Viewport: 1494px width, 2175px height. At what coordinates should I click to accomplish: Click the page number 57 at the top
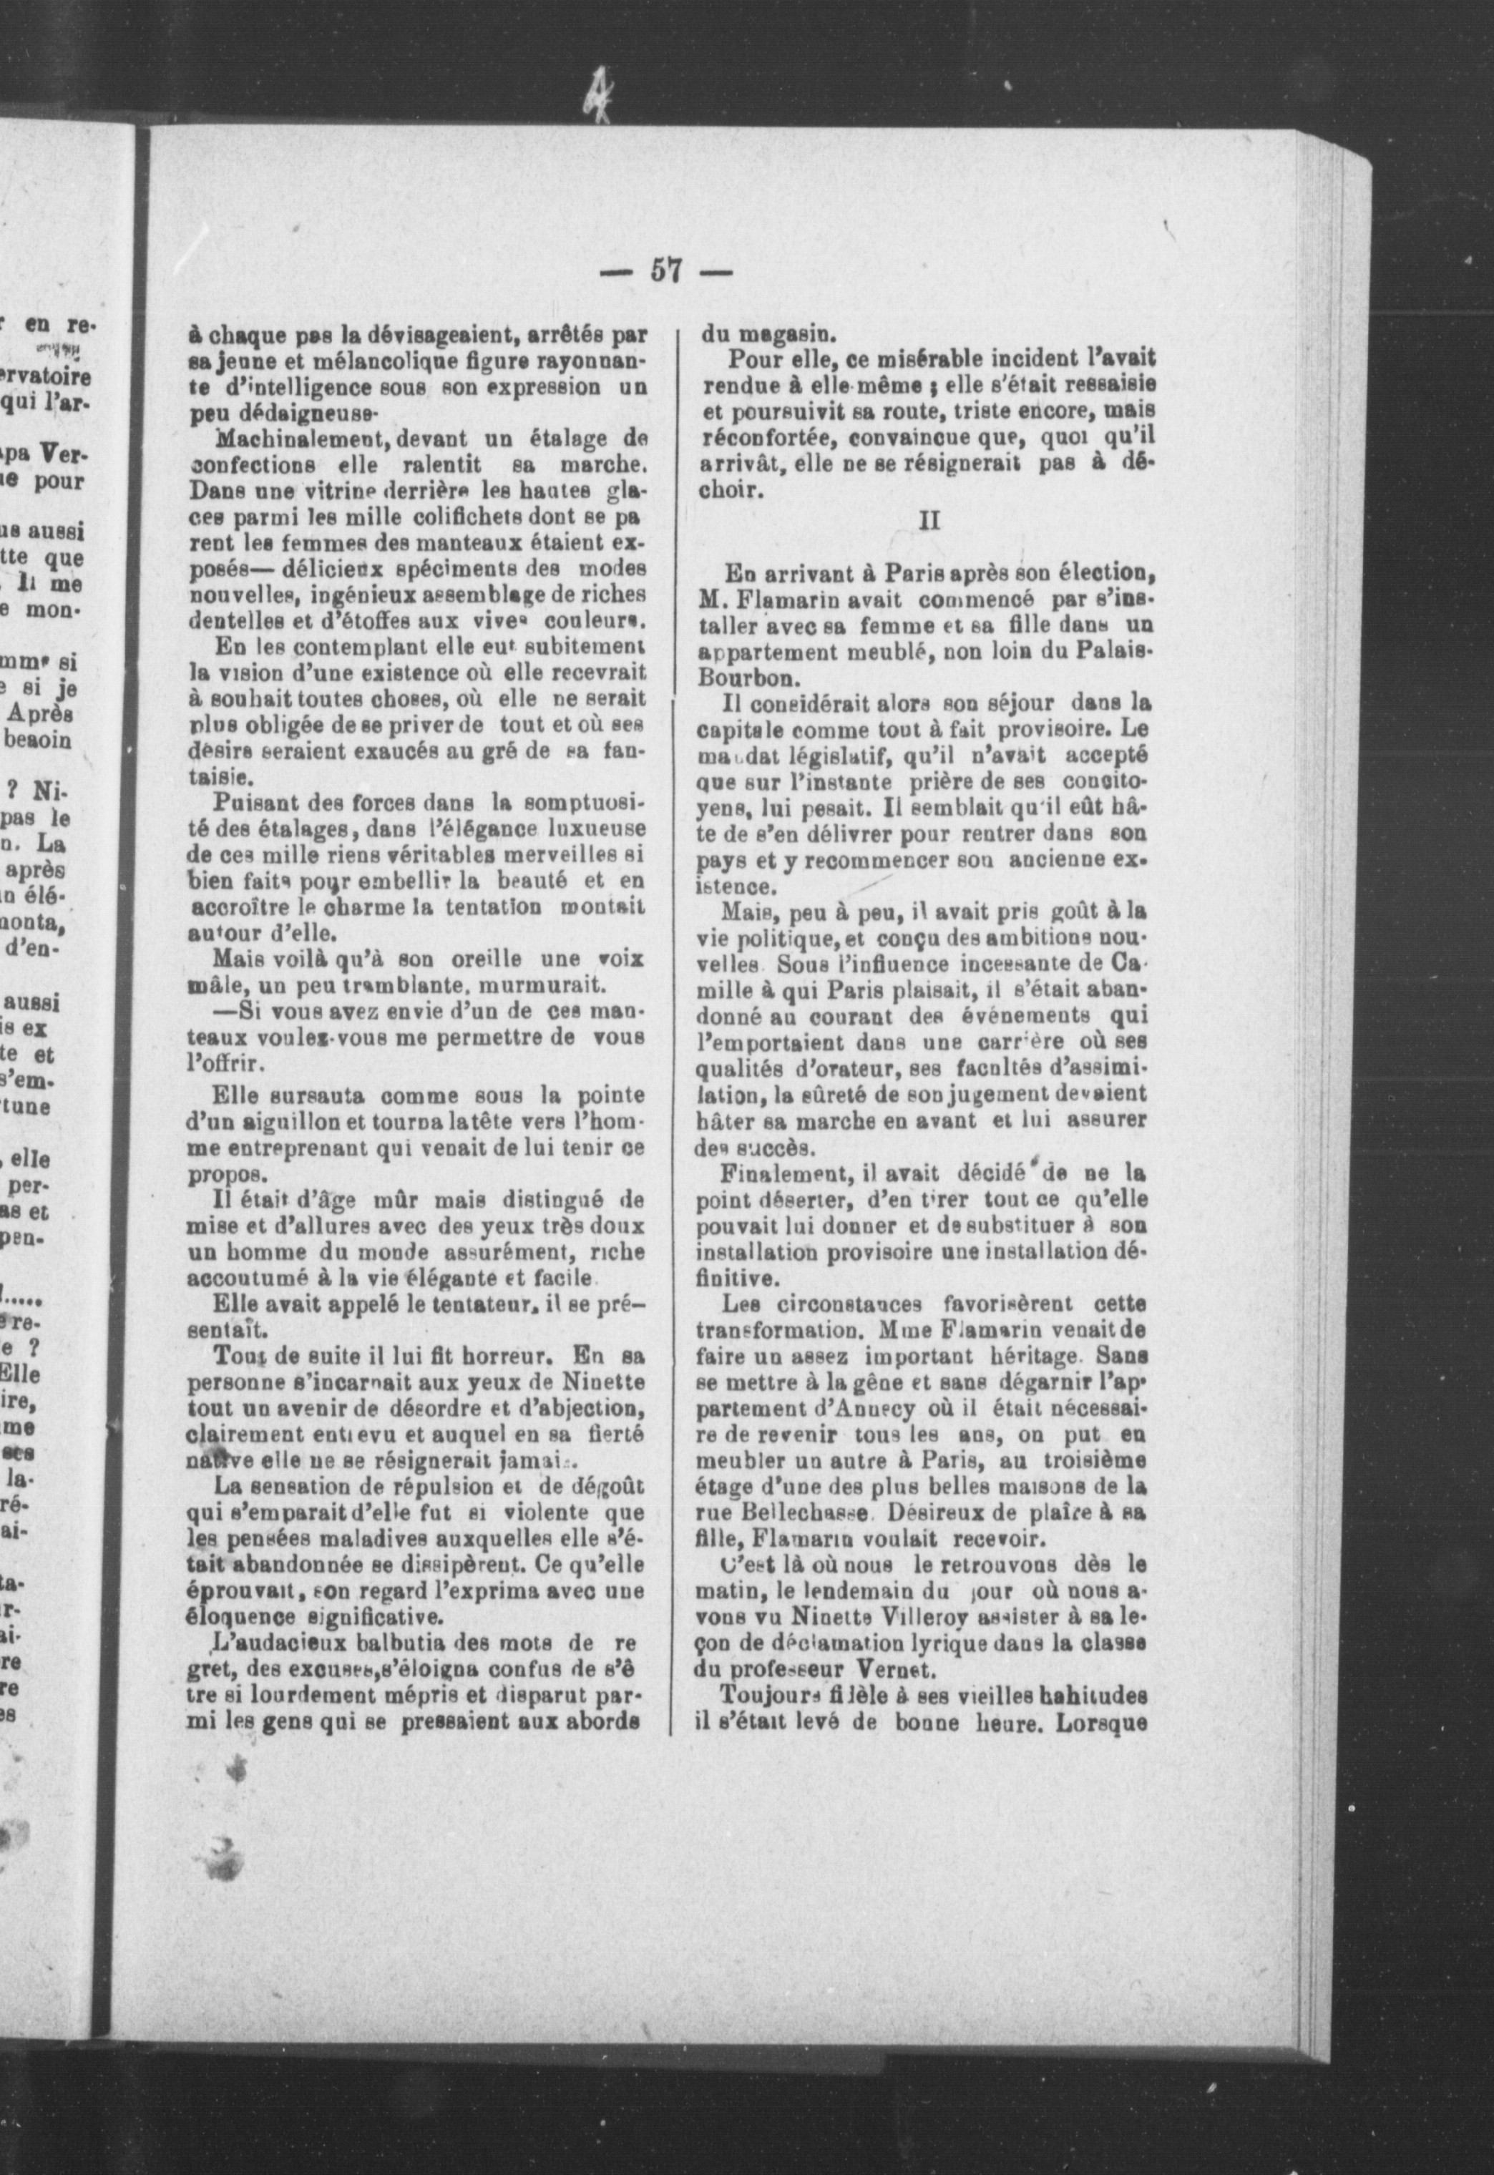coord(665,271)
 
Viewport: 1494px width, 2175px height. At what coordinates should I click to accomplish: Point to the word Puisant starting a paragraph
coord(248,803)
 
